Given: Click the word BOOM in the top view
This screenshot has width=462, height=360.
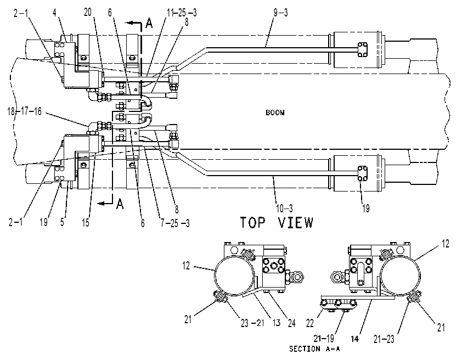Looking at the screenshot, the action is (x=275, y=113).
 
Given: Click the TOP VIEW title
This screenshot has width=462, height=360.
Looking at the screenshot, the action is (x=277, y=222).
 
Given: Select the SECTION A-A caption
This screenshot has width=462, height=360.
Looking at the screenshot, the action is (x=314, y=349).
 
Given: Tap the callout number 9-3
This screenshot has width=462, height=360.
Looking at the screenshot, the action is (x=280, y=13).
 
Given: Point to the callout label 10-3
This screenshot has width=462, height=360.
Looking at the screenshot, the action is (x=284, y=209).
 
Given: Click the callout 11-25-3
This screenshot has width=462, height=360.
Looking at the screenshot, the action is (x=182, y=13).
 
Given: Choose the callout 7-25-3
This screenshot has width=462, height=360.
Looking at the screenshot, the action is (x=175, y=223).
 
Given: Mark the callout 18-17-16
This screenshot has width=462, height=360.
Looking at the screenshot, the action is (x=25, y=111).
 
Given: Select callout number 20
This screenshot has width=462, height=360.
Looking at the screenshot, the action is (x=88, y=13).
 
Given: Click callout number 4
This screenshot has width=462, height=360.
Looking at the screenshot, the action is (x=55, y=13).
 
